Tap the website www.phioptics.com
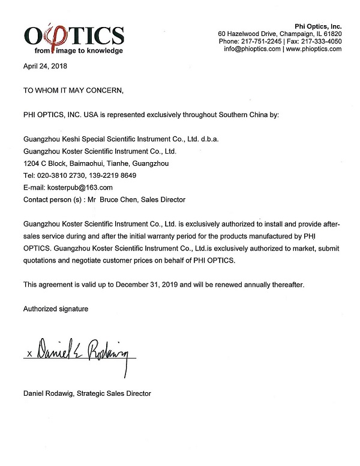[313, 49]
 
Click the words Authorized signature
[56, 309]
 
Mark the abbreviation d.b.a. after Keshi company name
[208, 139]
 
